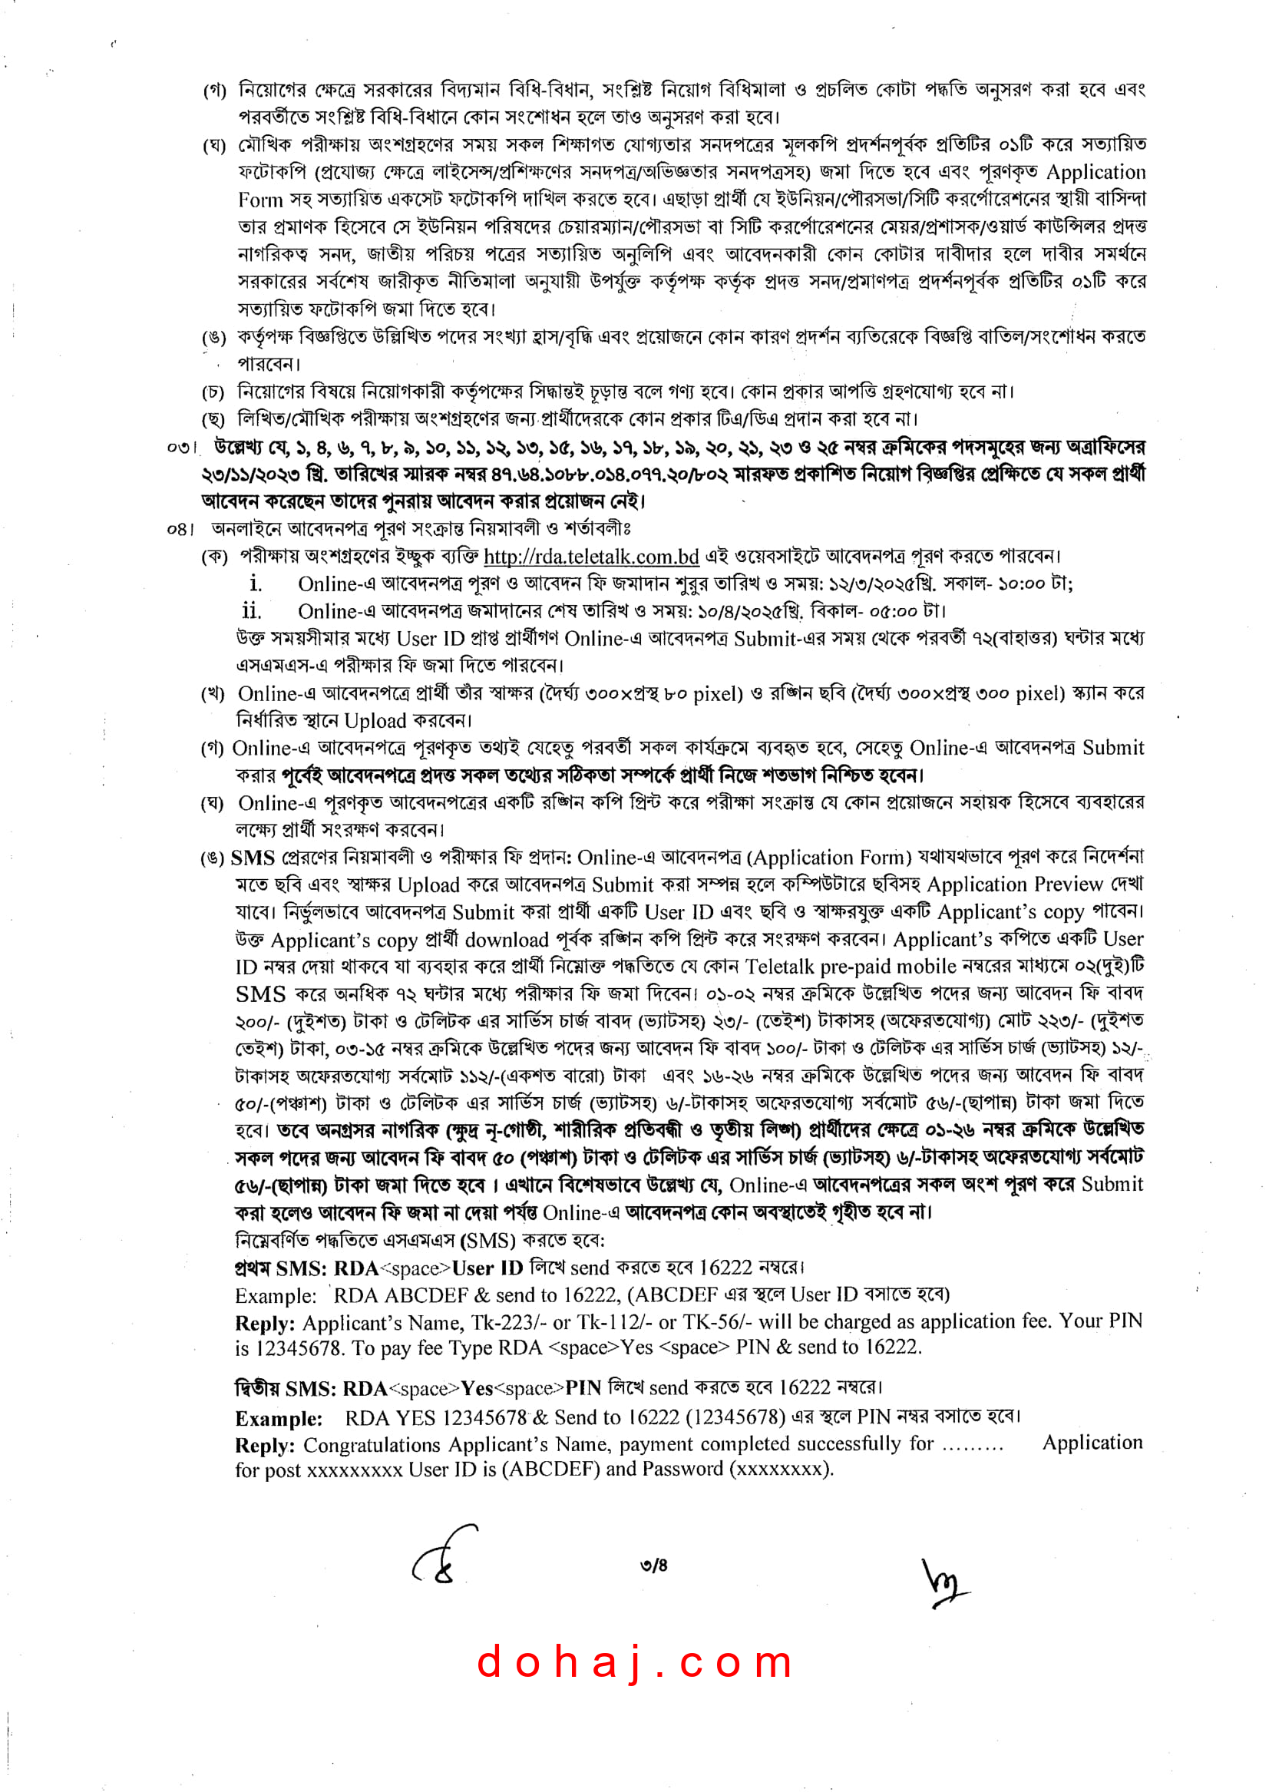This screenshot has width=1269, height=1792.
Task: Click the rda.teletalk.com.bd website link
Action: coord(591,557)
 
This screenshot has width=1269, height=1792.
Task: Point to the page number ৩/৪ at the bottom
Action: coord(653,1566)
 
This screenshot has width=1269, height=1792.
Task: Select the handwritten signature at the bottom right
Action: coord(945,1582)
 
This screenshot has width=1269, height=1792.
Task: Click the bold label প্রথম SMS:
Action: coord(280,1268)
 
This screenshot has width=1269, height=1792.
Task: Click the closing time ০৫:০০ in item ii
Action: coord(891,611)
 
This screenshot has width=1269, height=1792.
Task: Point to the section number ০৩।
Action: coord(181,448)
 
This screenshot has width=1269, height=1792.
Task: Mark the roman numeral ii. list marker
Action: coord(252,611)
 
